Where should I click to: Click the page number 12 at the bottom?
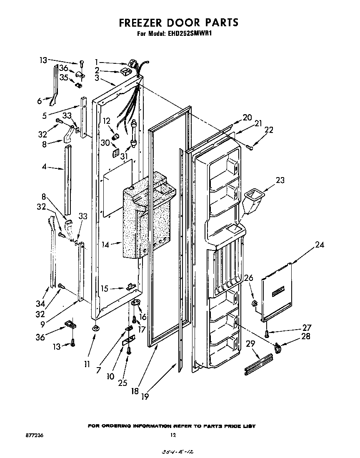click(x=173, y=435)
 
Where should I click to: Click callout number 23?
click(x=281, y=180)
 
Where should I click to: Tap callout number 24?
click(x=320, y=245)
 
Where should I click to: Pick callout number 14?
click(x=105, y=245)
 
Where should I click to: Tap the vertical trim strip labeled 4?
click(x=68, y=179)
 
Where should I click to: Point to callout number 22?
click(x=269, y=130)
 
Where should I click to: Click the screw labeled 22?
click(x=249, y=146)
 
